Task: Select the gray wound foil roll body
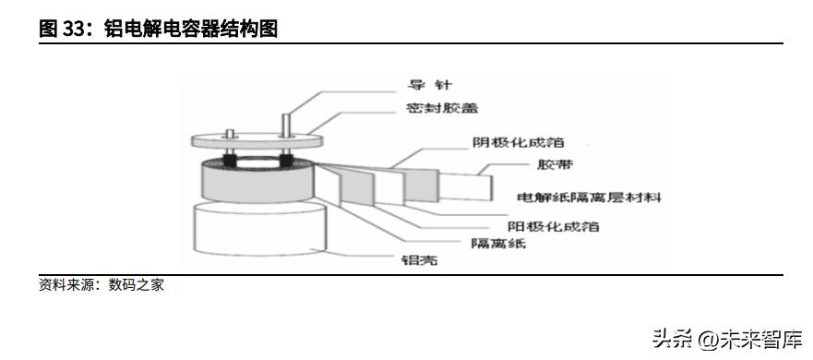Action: (x=258, y=186)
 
